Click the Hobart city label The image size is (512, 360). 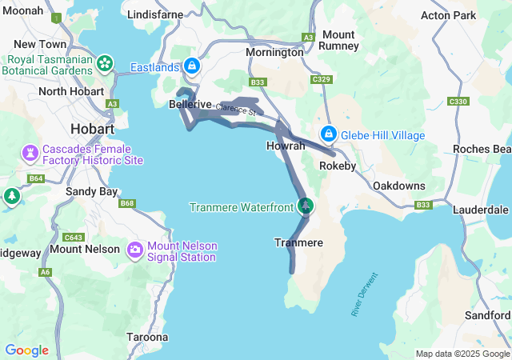(92, 129)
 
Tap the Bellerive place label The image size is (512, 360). (190, 105)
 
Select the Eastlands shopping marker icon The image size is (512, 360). (192, 66)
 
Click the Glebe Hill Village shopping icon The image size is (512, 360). (328, 134)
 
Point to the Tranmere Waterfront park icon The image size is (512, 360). (305, 206)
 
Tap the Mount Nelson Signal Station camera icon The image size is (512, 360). (134, 250)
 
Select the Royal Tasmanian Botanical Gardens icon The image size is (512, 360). (105, 63)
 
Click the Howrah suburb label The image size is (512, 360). (286, 146)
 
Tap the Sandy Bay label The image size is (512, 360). (91, 192)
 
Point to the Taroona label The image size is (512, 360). (147, 338)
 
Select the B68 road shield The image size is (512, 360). (127, 203)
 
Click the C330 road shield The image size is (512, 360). (458, 102)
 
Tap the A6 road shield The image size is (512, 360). (46, 273)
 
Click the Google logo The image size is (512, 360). (26, 350)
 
